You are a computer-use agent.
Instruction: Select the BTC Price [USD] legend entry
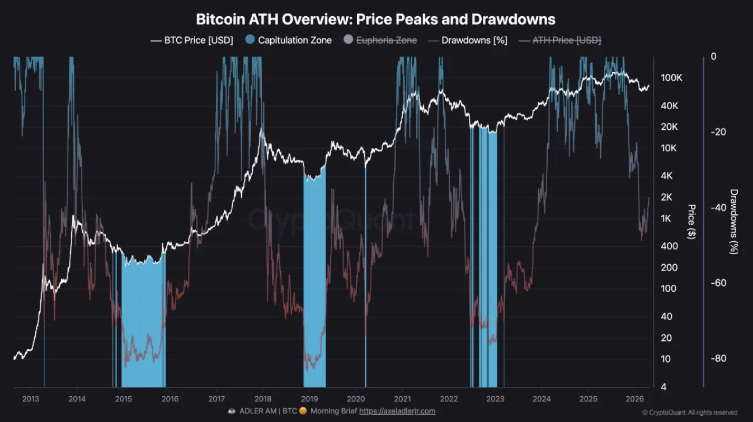(x=192, y=40)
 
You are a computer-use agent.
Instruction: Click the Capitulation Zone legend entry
(x=289, y=40)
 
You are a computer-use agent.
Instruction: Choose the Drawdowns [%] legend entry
(x=467, y=40)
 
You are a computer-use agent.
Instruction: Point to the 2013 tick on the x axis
(x=31, y=398)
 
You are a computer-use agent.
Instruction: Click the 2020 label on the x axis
(x=356, y=398)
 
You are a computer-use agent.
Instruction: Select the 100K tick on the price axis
(x=671, y=78)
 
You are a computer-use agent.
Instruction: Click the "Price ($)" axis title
(x=691, y=222)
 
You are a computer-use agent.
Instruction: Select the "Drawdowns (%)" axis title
(x=734, y=222)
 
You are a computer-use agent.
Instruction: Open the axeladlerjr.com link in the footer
(x=397, y=411)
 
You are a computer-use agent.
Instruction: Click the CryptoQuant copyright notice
(x=689, y=412)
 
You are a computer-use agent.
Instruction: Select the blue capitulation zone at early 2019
(x=314, y=280)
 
